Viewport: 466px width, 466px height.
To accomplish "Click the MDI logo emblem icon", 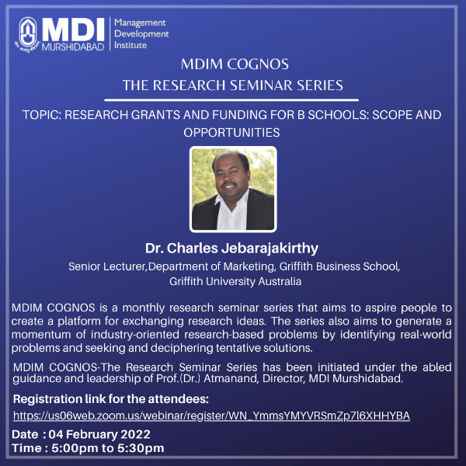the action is [28, 33].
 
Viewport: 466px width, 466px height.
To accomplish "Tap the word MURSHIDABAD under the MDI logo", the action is [73, 47].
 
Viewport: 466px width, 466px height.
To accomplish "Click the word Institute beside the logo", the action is [130, 45].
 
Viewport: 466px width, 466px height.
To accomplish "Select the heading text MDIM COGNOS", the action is [235, 64].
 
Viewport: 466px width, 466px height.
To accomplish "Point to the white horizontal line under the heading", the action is [231, 100].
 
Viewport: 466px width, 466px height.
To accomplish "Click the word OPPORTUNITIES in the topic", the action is [231, 133].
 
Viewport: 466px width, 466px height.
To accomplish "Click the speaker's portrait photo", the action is [233, 189].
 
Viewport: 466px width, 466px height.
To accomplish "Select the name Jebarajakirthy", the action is [270, 249].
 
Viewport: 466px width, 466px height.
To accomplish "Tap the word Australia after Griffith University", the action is [280, 281].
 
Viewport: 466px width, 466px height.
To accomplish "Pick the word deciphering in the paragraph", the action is [182, 348].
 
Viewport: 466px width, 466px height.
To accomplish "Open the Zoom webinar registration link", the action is [211, 416].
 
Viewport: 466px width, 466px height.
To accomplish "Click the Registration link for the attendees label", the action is [111, 399].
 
